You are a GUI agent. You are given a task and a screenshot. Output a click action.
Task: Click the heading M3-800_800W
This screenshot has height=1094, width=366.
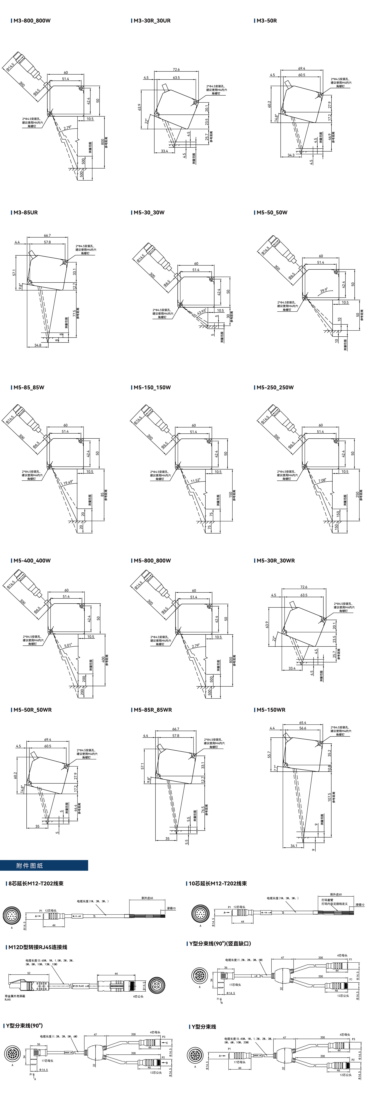coord(32,20)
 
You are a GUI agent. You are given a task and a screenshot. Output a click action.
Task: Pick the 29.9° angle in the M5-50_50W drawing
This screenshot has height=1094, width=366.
coord(324,291)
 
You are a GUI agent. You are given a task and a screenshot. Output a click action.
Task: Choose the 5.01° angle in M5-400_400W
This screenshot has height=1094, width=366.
coord(68,645)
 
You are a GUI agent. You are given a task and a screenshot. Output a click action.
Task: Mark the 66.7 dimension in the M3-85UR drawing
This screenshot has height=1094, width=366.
coord(47,235)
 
